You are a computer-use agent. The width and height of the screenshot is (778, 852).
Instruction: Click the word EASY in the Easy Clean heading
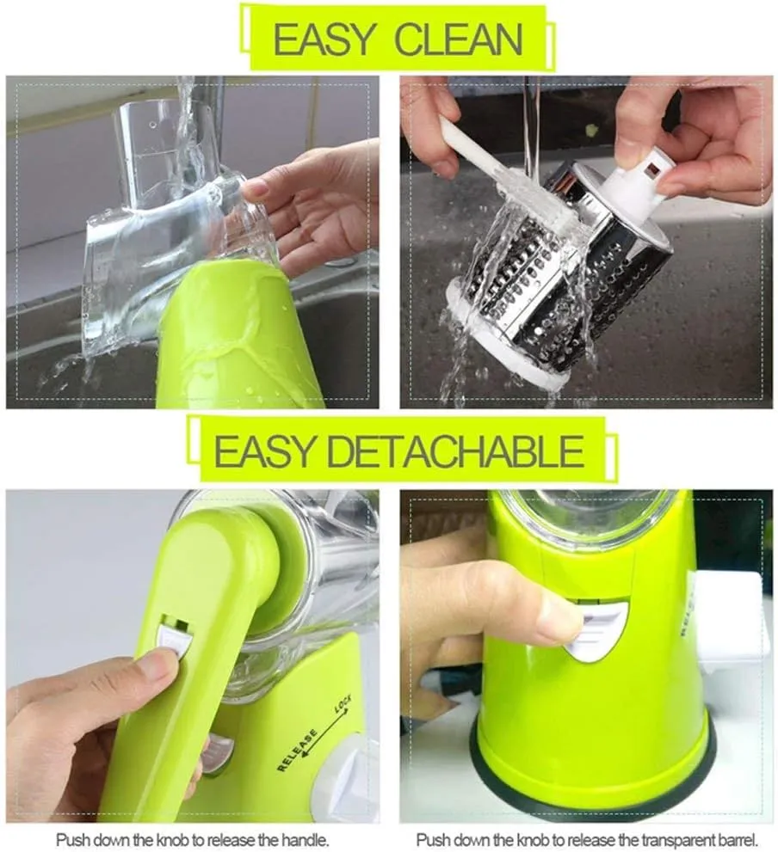324,39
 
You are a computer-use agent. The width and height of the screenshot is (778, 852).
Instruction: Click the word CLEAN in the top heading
458,39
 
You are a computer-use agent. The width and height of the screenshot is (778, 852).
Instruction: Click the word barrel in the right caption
738,839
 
